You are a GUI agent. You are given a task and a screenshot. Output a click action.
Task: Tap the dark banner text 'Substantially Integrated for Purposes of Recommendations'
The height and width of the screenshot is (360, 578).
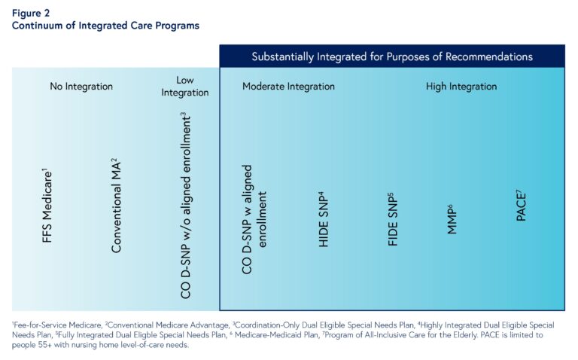coord(392,56)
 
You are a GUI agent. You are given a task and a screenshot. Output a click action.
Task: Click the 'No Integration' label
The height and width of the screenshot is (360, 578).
coord(81,87)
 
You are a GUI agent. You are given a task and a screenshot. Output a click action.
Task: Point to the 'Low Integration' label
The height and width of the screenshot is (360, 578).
coord(184,87)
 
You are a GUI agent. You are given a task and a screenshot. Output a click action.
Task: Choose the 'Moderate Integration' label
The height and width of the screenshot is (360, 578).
coord(288,87)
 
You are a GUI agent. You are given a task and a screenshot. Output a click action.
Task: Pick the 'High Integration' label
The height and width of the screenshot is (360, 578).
coord(461,87)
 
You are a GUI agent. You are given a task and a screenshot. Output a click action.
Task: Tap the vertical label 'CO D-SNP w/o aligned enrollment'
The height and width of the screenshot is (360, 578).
coord(185,206)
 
